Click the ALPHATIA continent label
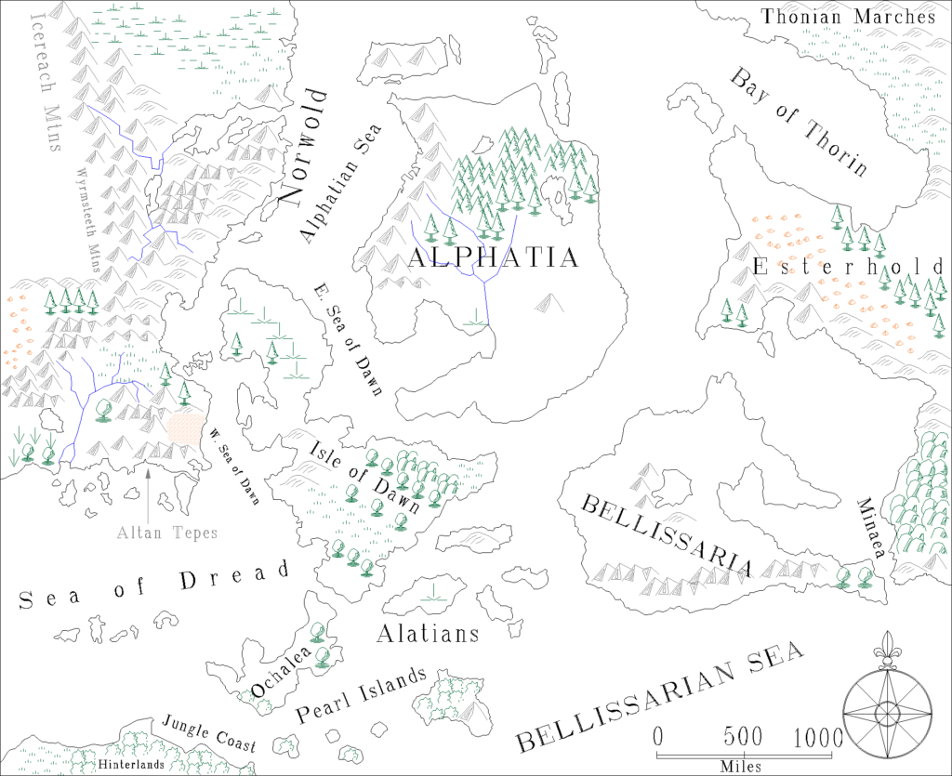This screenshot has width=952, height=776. (x=493, y=257)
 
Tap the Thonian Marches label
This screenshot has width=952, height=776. (x=848, y=16)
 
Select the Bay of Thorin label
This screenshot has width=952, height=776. (x=799, y=122)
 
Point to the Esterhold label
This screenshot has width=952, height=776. (x=848, y=268)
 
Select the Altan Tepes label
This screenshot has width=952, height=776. (x=167, y=533)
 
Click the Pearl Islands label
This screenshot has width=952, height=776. (x=361, y=696)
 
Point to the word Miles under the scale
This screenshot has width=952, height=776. (x=739, y=767)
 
